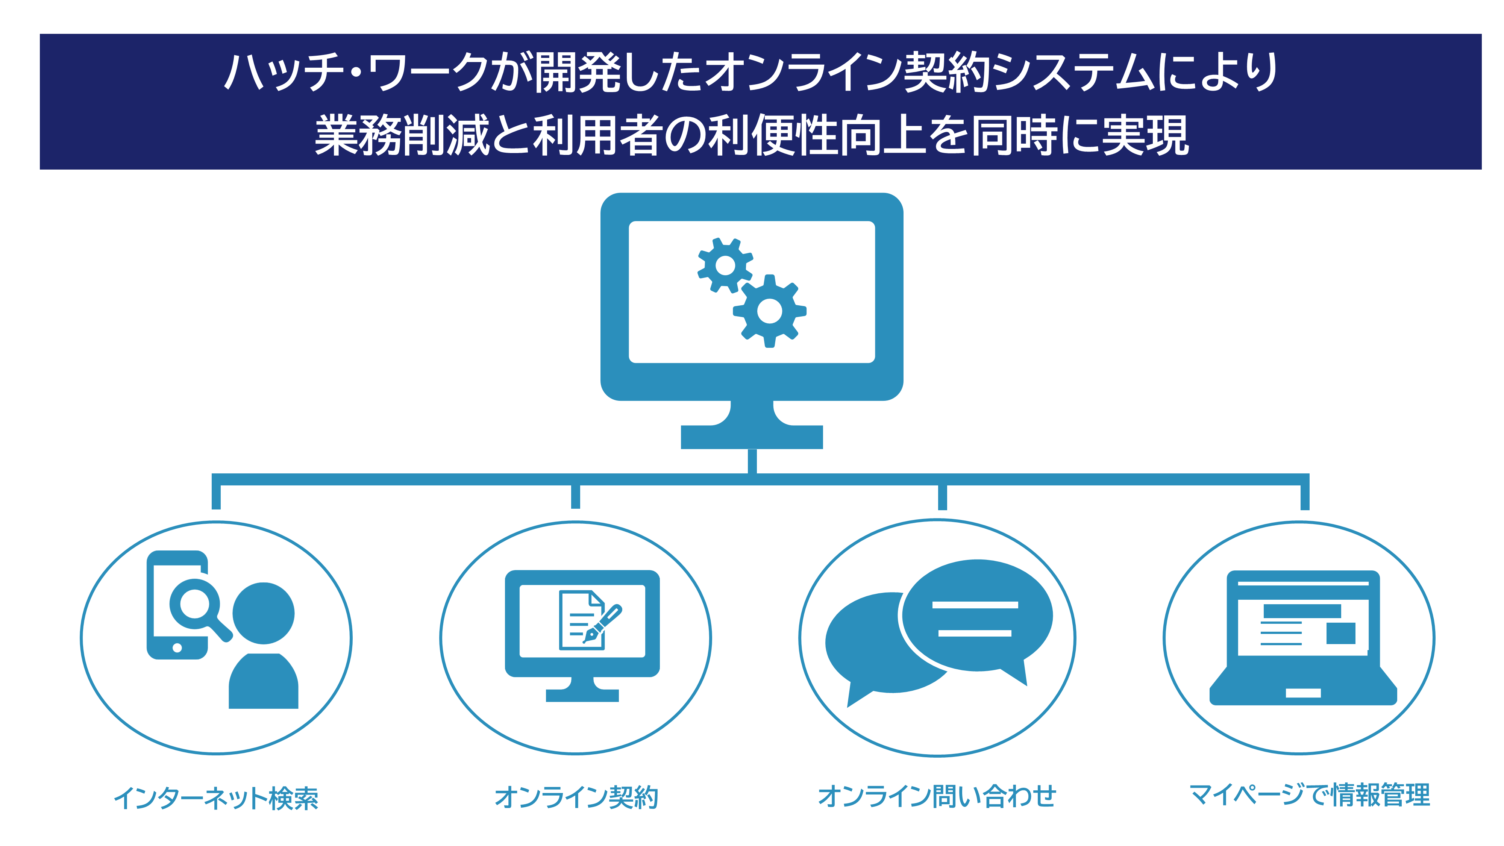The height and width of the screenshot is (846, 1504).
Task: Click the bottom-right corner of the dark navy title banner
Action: coord(1482,169)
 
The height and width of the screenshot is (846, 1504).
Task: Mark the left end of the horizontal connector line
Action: coord(212,479)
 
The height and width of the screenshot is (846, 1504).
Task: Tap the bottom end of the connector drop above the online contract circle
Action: coord(576,508)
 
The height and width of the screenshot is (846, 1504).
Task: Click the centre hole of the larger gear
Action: coord(770,311)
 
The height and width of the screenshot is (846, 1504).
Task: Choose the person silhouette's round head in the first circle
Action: coord(263,613)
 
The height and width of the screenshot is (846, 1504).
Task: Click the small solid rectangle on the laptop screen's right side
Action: coord(1340,633)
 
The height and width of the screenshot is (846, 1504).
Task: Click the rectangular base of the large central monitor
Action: coord(752,437)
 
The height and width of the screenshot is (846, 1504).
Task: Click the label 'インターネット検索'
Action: coord(216,798)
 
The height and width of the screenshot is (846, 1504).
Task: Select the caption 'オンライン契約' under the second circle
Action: coord(576,797)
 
